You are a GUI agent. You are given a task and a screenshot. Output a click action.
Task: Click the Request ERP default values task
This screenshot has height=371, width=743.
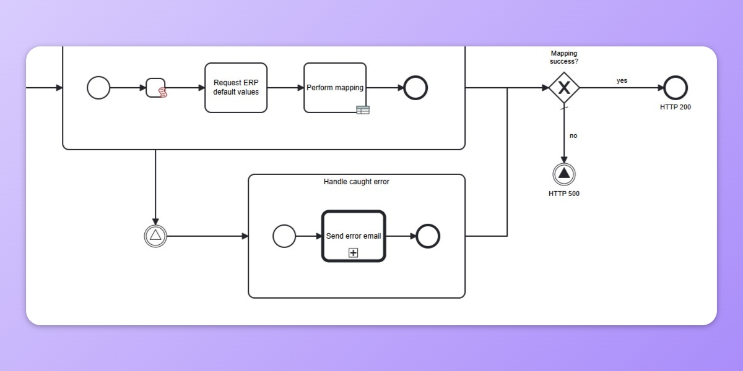[x=236, y=88]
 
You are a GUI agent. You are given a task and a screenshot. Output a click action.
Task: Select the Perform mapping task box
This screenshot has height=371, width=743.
[x=334, y=88]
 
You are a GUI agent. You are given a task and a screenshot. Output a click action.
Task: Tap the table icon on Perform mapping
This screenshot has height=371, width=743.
[x=363, y=110]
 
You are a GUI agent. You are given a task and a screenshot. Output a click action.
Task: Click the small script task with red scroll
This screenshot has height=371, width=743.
[x=156, y=88]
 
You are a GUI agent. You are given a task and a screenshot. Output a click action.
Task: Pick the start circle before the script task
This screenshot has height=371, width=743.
[x=98, y=88]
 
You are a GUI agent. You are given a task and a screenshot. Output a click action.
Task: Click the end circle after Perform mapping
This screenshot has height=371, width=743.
[x=415, y=88]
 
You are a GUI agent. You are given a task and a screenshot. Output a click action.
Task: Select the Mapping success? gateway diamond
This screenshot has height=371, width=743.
[x=564, y=88]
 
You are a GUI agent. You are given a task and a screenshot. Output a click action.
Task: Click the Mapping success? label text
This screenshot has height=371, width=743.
[x=564, y=58]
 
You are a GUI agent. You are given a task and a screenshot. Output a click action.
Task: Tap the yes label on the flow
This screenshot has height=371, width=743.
[x=622, y=80]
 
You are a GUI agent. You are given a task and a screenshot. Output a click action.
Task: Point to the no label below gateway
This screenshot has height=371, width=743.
[x=573, y=135]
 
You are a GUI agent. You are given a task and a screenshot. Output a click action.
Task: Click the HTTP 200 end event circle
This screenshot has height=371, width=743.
[x=676, y=88]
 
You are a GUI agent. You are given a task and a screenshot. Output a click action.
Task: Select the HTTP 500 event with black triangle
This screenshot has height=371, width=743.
[x=564, y=174]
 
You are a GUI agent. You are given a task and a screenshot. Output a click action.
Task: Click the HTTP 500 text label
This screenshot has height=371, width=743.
[x=564, y=194]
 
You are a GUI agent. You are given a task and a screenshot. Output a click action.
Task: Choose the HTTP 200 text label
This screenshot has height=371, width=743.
[x=676, y=107]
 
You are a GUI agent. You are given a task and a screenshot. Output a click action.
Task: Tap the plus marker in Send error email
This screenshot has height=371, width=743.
[x=354, y=252]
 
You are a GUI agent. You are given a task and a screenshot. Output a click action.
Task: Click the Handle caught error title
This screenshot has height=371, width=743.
[x=357, y=182]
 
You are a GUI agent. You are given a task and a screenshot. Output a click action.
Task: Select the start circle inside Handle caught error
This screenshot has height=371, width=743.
[x=284, y=236]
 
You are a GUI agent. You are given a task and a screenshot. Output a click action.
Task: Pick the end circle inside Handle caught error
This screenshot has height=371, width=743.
[x=428, y=236]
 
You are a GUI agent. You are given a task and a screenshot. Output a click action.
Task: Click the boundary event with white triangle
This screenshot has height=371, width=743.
[x=155, y=236]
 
